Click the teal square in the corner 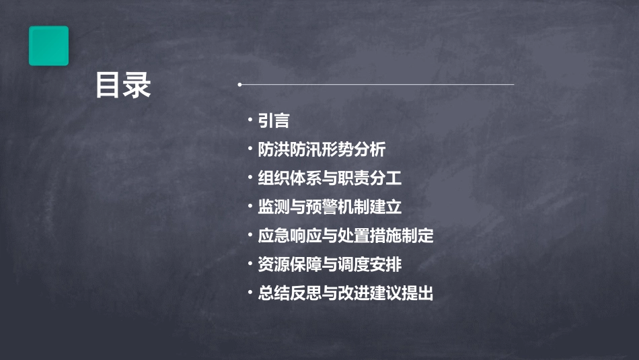click(x=48, y=46)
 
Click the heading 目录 click(x=122, y=85)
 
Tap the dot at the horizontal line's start click(x=239, y=85)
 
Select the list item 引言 click(x=274, y=121)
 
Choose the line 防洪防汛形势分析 click(x=322, y=149)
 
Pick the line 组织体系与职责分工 click(x=330, y=178)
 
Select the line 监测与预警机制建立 click(x=330, y=207)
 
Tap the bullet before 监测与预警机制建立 click(x=250, y=207)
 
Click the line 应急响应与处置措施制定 click(x=346, y=236)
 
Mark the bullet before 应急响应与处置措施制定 click(x=250, y=236)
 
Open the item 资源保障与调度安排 click(x=330, y=265)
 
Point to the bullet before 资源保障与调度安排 click(x=250, y=264)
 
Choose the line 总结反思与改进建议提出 click(x=346, y=294)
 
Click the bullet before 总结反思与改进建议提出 click(x=250, y=293)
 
